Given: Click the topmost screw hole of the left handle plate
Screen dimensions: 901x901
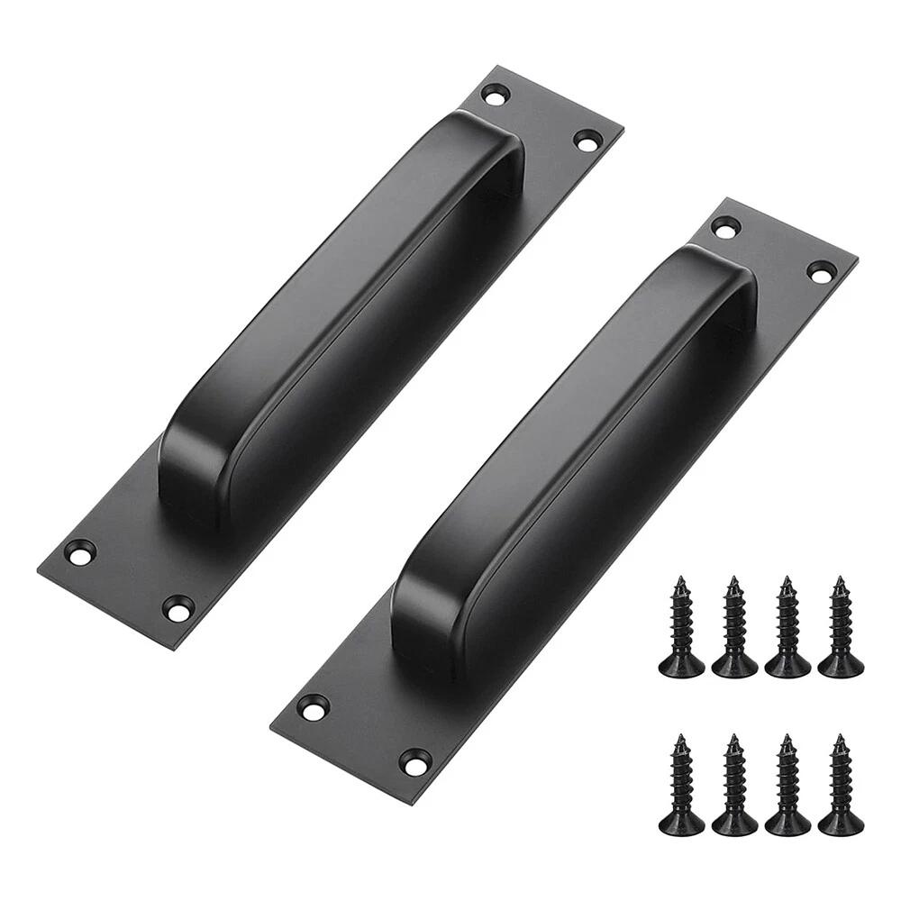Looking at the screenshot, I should coord(496,93).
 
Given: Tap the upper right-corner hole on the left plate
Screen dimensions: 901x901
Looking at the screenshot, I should coord(587,140).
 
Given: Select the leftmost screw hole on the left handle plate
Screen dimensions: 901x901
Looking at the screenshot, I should coord(80,552).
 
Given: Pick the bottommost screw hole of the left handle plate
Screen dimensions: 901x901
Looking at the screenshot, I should coord(178,607).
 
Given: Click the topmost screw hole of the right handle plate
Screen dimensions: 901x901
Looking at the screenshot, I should coord(725,227).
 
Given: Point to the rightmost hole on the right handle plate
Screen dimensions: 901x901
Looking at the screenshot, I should coord(821,270).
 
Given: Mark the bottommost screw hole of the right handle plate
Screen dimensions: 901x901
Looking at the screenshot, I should coord(414,762).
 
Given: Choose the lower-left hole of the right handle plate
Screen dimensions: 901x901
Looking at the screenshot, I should coord(314,707).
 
